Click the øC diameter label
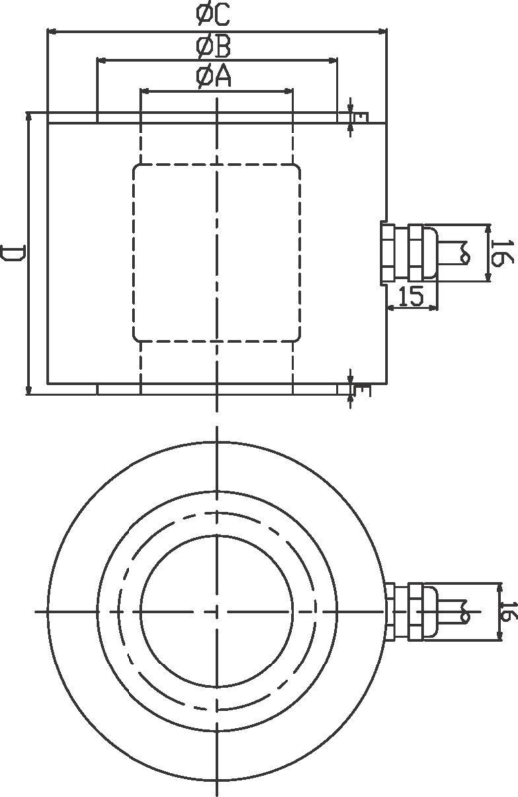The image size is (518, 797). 215,15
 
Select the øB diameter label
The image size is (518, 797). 214,46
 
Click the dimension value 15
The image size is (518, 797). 411,295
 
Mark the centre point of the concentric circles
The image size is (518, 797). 216,609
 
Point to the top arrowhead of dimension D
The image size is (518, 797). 29,117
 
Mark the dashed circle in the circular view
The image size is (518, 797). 216,522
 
